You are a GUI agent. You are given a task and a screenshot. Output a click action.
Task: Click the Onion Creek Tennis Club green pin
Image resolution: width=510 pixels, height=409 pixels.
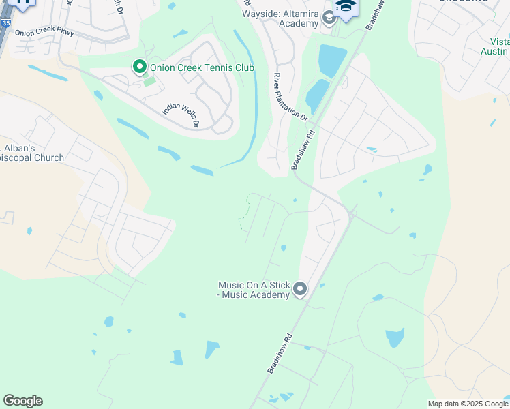[x=140, y=67]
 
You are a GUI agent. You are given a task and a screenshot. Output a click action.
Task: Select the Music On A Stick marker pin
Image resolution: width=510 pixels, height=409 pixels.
[x=299, y=290]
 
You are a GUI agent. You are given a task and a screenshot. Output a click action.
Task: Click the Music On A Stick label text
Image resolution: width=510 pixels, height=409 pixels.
[x=254, y=290]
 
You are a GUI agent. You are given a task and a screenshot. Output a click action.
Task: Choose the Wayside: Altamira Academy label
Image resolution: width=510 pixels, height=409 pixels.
[x=280, y=18]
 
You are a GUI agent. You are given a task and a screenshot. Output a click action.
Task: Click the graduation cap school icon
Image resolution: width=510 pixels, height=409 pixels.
[x=346, y=6]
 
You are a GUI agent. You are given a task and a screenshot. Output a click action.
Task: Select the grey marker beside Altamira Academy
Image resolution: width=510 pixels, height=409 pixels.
[x=329, y=18]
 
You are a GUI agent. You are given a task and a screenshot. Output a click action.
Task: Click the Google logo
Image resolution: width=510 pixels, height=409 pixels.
[x=22, y=401]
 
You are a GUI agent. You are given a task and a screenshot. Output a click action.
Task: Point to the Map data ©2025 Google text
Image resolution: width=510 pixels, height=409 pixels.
[x=468, y=404]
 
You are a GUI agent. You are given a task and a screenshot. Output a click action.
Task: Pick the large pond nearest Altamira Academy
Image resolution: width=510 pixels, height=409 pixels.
[x=332, y=61]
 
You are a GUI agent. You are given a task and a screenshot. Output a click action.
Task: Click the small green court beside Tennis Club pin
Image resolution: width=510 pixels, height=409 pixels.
[x=149, y=82]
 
